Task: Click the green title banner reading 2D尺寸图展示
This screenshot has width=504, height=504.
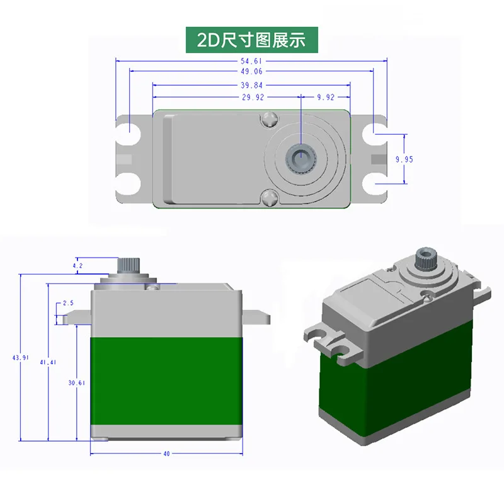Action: [x=251, y=40]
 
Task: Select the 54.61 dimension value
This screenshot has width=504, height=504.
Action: [x=251, y=61]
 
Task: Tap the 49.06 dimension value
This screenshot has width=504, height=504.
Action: [x=251, y=72]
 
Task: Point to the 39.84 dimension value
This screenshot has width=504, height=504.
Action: [x=251, y=86]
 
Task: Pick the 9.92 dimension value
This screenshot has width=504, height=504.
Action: [x=326, y=97]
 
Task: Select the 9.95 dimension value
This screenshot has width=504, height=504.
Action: [x=404, y=159]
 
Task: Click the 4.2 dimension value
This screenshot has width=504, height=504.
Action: [x=78, y=266]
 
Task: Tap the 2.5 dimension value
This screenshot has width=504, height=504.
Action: [x=69, y=303]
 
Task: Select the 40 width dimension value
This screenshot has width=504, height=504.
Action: [x=166, y=454]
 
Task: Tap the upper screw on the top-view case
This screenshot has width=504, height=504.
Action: [x=270, y=118]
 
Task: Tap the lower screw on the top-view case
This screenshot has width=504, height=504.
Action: [x=270, y=198]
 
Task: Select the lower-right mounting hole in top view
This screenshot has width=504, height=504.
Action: [x=377, y=183]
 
